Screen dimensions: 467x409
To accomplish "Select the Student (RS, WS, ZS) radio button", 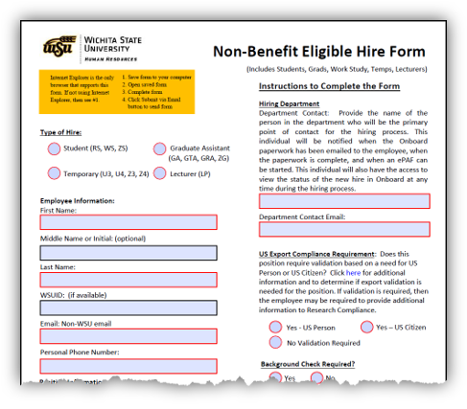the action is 54,148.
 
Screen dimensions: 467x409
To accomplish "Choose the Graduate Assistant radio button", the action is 159,148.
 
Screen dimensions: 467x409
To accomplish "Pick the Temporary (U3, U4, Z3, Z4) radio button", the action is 54,173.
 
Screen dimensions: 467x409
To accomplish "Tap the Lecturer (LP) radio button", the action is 159,173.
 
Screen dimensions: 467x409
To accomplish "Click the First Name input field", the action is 128,221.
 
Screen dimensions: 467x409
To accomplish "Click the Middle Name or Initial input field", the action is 128,252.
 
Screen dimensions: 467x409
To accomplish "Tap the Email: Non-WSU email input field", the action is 128,337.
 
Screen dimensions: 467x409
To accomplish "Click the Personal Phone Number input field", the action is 128,366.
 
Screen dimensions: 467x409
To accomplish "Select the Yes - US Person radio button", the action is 276,328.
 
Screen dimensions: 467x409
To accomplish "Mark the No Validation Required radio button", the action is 276,343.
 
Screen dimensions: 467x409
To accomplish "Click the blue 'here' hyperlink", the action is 353,273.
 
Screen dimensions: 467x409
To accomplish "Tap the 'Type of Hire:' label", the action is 60,131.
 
